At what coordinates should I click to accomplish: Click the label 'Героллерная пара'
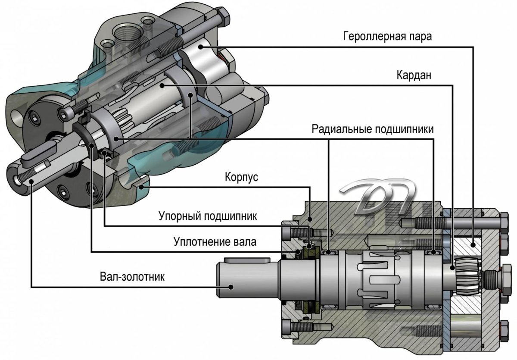[387, 36]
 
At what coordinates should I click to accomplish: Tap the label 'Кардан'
[414, 75]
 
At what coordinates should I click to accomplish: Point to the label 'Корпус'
[241, 177]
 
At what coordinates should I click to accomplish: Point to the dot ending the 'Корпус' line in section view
[310, 218]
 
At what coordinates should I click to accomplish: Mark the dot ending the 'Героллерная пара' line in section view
[473, 244]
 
